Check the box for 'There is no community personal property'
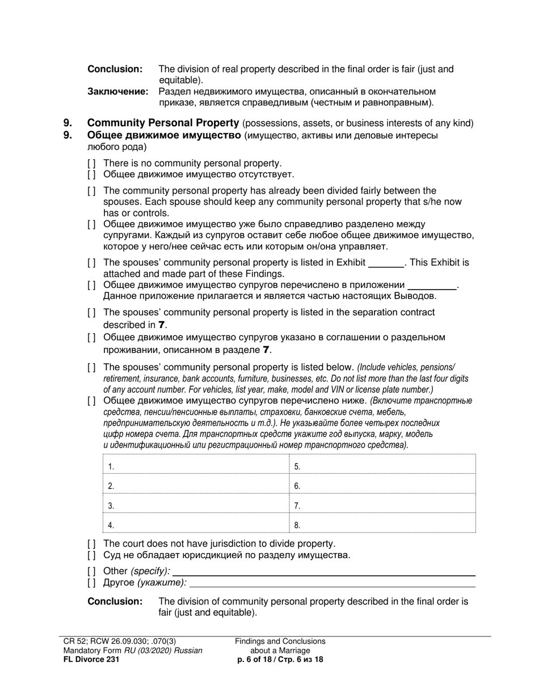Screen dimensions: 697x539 click(91, 163)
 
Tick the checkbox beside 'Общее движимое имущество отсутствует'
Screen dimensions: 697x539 click(91, 175)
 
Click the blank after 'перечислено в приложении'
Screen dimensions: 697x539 click(432, 286)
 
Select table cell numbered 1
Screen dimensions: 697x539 click(196, 466)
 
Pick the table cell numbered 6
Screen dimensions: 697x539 click(382, 486)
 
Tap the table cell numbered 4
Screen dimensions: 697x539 click(196, 525)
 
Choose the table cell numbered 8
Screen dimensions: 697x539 click(382, 525)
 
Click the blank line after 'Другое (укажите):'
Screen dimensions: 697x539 click(332, 583)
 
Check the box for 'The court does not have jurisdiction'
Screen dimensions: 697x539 click(91, 543)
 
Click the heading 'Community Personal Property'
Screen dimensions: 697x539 click(163, 123)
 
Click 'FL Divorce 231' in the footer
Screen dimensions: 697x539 click(91, 659)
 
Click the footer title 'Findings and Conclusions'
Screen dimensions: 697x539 click(280, 641)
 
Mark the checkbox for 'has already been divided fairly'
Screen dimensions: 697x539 click(91, 190)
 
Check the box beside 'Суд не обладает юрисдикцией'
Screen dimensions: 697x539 click(91, 555)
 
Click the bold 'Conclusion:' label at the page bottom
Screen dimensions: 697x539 click(115, 601)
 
